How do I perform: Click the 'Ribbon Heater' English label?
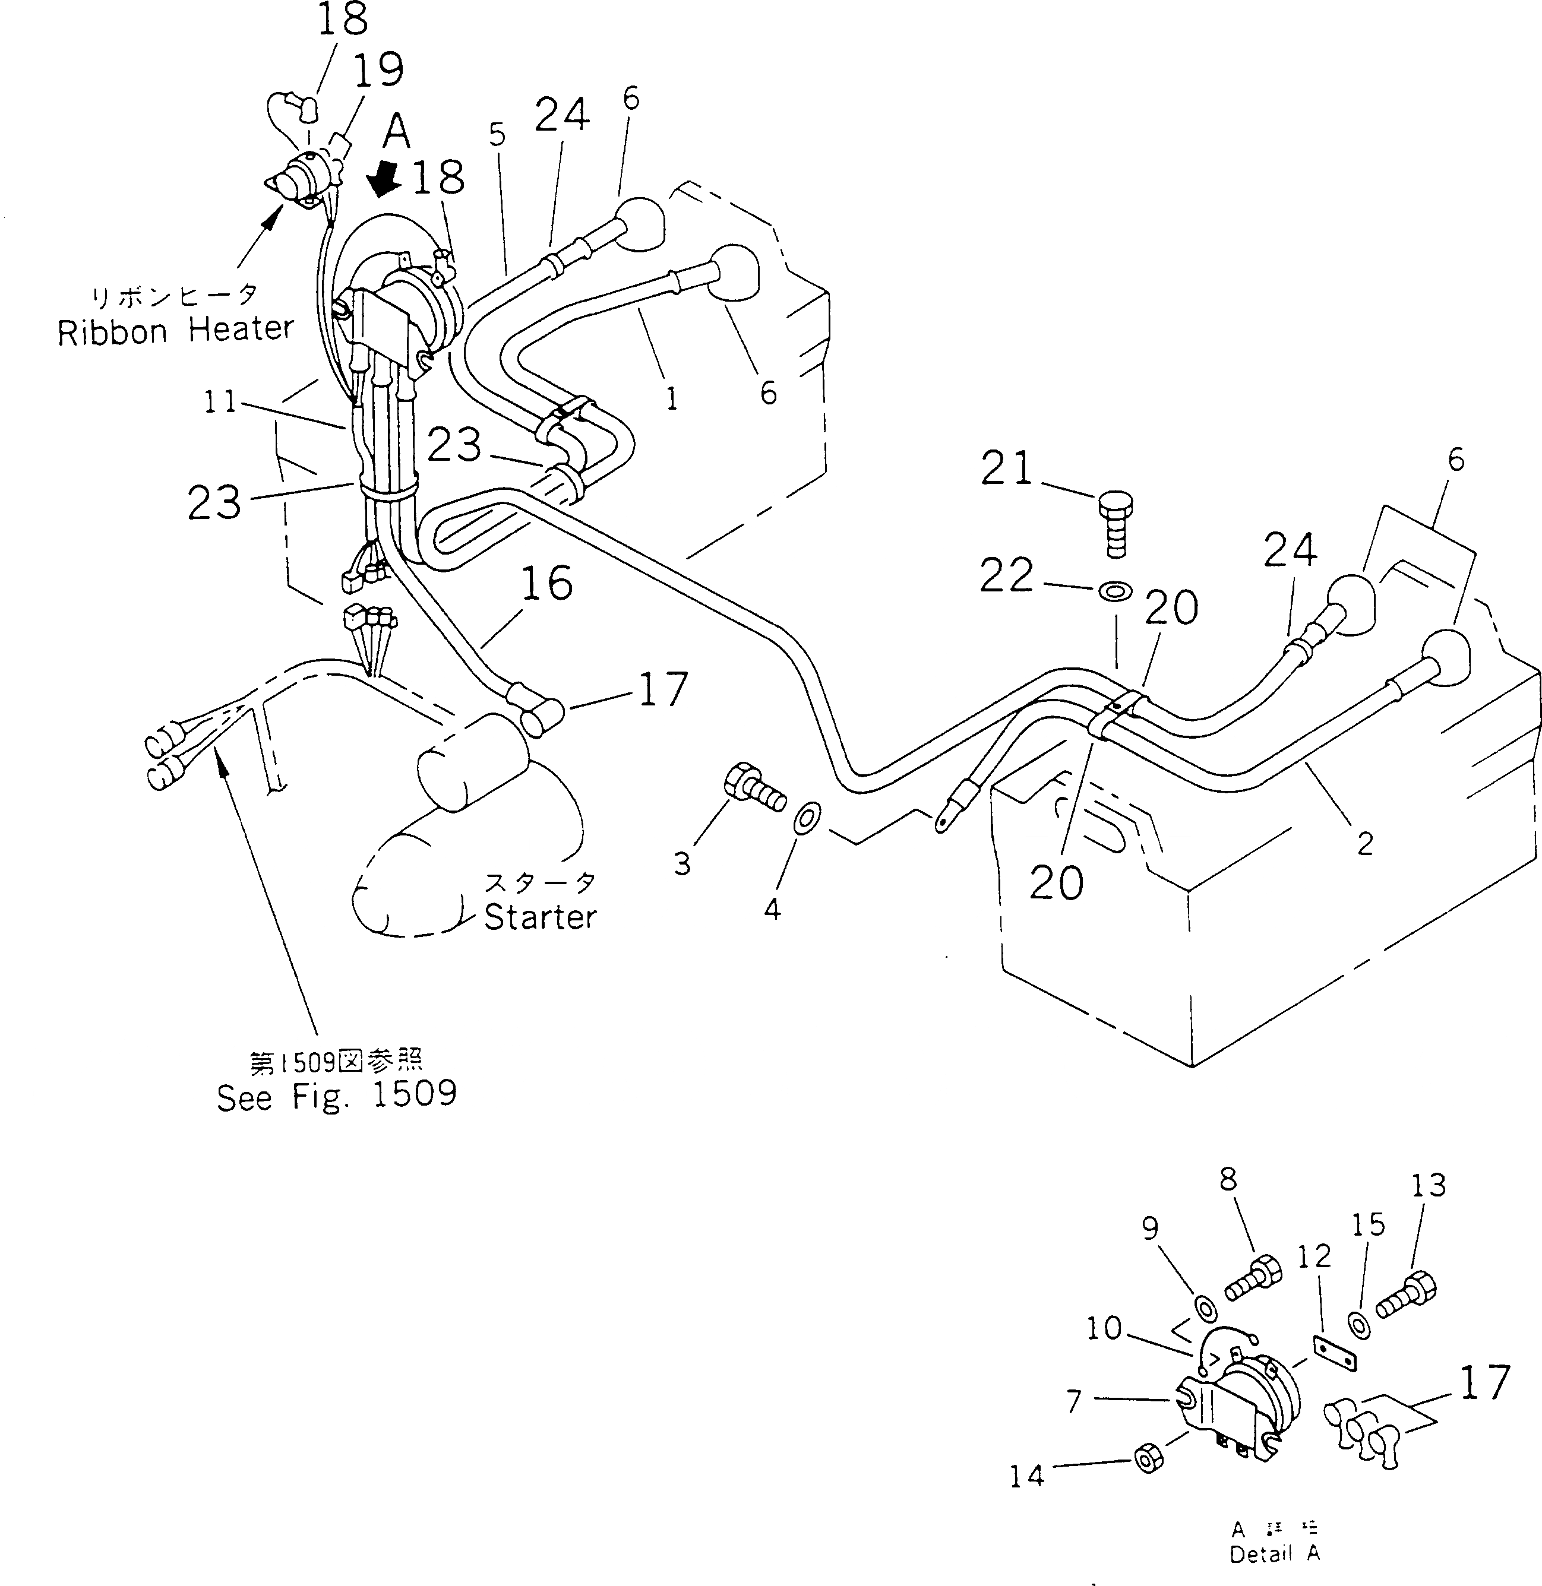(x=175, y=330)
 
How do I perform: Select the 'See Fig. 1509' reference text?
(x=336, y=1096)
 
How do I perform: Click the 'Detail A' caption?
(x=1274, y=1553)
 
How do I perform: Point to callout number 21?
(x=1007, y=468)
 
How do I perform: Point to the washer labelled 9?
(x=1203, y=1307)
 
